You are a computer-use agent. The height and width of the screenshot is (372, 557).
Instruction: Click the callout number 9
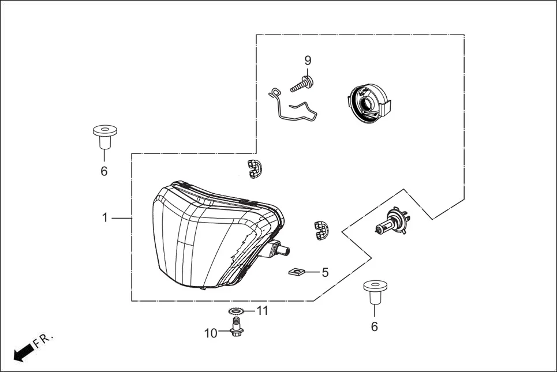308,61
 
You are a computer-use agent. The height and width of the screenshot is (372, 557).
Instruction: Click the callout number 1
104,218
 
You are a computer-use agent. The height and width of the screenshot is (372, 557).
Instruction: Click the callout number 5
325,272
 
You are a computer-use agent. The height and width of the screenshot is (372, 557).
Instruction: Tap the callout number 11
263,311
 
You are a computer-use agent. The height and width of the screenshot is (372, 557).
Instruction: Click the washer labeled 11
235,312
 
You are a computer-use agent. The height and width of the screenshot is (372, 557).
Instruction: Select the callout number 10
211,333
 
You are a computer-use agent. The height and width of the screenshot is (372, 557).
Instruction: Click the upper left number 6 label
104,171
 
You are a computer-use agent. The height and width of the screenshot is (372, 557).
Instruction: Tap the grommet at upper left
104,136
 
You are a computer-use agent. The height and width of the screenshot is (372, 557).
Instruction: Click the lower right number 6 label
374,327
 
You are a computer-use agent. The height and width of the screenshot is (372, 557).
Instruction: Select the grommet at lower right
374,292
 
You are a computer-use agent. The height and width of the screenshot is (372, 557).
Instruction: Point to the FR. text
44,340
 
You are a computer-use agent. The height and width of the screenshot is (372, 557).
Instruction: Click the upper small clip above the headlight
255,167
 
